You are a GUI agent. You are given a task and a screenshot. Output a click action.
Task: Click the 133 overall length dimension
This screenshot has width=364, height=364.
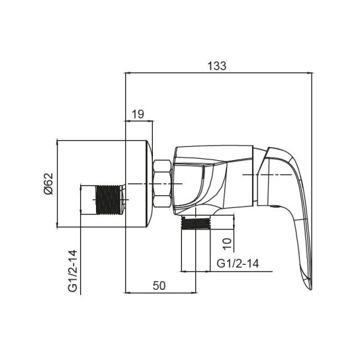[217, 66]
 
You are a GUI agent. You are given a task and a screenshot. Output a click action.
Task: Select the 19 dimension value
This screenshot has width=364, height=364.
[138, 114]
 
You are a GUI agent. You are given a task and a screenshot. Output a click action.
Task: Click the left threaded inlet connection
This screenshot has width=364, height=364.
[111, 200]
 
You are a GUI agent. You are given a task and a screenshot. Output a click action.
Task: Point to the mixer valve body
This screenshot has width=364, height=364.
[212, 179]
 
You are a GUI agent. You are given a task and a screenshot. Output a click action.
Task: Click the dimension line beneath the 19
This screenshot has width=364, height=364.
[139, 122]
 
